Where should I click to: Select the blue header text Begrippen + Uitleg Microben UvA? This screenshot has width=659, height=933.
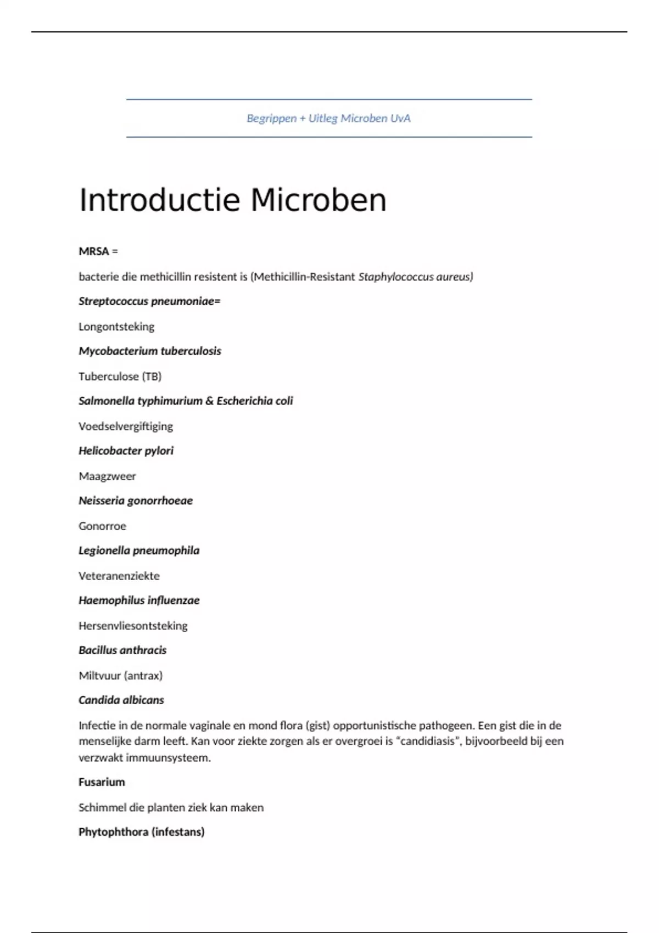point(328,118)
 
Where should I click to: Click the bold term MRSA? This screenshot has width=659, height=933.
point(94,251)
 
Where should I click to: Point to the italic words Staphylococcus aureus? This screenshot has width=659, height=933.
point(415,277)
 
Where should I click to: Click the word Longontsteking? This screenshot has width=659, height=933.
point(116,327)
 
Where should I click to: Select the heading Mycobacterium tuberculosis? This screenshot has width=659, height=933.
point(150,351)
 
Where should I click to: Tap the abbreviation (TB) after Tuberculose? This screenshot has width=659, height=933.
point(152,376)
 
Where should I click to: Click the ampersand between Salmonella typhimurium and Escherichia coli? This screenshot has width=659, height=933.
point(209,401)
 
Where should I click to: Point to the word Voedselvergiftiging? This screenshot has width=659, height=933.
point(126,426)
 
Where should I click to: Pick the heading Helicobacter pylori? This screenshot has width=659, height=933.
point(126,451)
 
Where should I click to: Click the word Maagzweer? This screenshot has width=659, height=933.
point(107,476)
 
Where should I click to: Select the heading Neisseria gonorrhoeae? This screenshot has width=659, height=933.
point(136,501)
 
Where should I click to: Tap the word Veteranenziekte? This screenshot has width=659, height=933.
point(119,576)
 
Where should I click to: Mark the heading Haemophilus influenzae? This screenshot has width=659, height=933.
point(139,600)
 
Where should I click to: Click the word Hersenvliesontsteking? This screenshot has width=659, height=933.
point(133,626)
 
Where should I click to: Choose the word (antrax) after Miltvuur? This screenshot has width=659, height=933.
point(143,676)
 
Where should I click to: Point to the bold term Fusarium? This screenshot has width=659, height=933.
point(102,782)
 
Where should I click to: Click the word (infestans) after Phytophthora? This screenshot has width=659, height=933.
point(178,832)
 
